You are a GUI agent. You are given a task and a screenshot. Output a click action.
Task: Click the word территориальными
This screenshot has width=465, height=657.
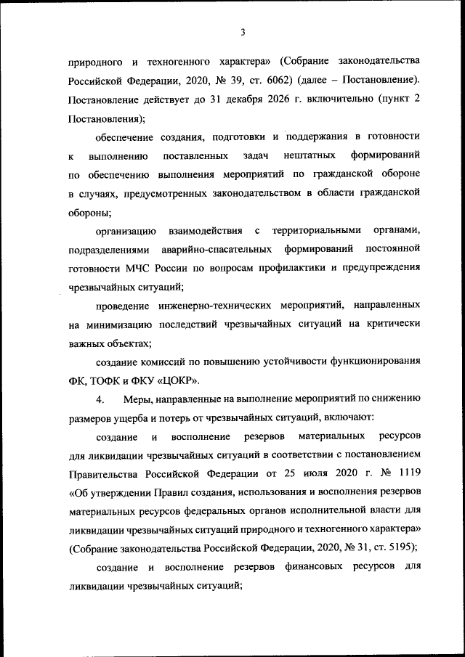(x=317, y=231)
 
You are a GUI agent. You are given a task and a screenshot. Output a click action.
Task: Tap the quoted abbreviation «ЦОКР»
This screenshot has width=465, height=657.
(x=178, y=380)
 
